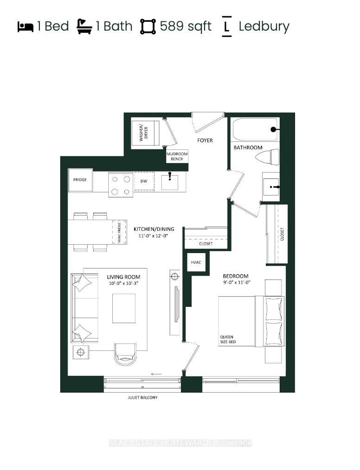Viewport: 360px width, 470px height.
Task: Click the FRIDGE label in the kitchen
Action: click(x=80, y=180)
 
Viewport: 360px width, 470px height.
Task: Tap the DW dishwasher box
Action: click(x=144, y=181)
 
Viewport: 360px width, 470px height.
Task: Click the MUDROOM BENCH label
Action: click(x=177, y=156)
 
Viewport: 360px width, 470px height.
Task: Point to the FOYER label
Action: click(x=205, y=140)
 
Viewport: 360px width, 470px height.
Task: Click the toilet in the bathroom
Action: click(x=268, y=157)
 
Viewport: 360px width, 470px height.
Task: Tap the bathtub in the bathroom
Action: click(x=255, y=129)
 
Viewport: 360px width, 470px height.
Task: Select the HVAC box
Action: click(x=196, y=262)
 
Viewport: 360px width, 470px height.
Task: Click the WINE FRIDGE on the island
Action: click(x=119, y=233)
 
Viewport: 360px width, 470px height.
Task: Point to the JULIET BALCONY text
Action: click(x=142, y=398)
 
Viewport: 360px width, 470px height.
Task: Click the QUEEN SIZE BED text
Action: click(x=228, y=339)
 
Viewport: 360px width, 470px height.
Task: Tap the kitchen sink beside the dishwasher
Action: click(x=170, y=182)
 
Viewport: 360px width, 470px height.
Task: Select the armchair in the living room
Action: click(x=125, y=354)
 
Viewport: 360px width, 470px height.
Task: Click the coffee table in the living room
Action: click(x=124, y=308)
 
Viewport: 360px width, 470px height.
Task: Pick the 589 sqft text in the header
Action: click(x=186, y=26)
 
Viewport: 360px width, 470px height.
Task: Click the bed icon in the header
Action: click(x=26, y=27)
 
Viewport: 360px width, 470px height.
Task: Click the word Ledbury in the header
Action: click(x=264, y=27)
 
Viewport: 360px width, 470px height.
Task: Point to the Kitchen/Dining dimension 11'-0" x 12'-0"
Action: click(x=153, y=235)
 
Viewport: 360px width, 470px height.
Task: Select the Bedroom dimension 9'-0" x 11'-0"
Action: click(x=237, y=282)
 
